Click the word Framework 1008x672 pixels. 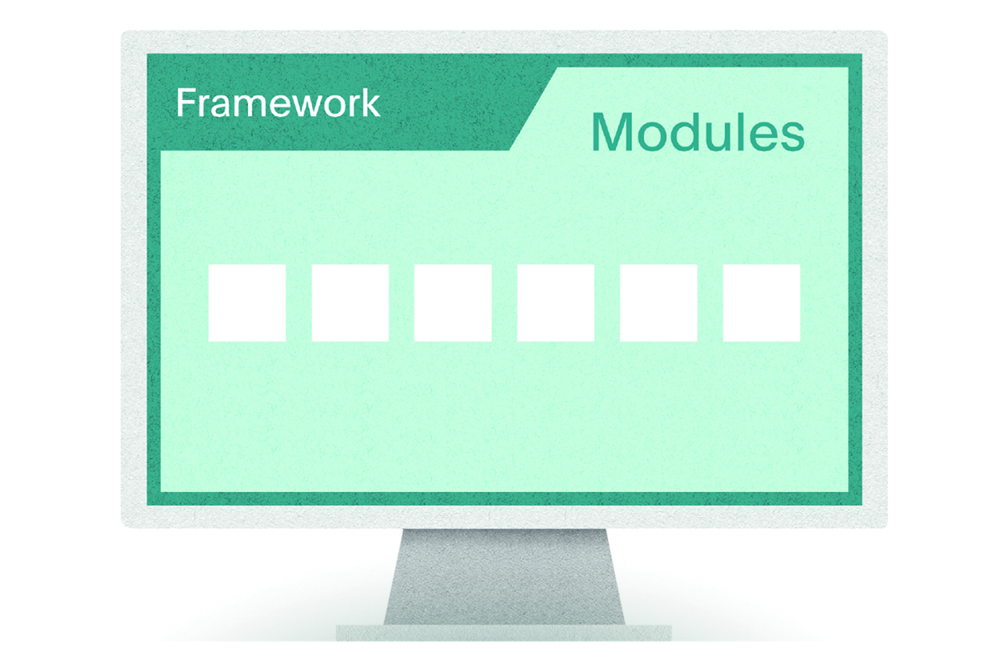[x=278, y=102]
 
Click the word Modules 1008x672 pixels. [x=698, y=132]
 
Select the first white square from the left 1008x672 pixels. [x=247, y=303]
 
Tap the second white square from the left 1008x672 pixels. [x=350, y=303]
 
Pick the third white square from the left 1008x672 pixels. [x=453, y=303]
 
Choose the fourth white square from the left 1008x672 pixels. [x=556, y=303]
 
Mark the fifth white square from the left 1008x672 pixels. [x=659, y=303]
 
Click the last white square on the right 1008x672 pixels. [x=762, y=303]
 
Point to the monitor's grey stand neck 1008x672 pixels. [x=504, y=577]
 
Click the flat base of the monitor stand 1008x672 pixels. [x=504, y=633]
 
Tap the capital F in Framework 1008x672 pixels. [x=186, y=102]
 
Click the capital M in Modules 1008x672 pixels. [x=613, y=132]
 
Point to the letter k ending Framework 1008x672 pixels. [x=370, y=102]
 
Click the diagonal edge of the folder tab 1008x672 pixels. [x=534, y=109]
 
